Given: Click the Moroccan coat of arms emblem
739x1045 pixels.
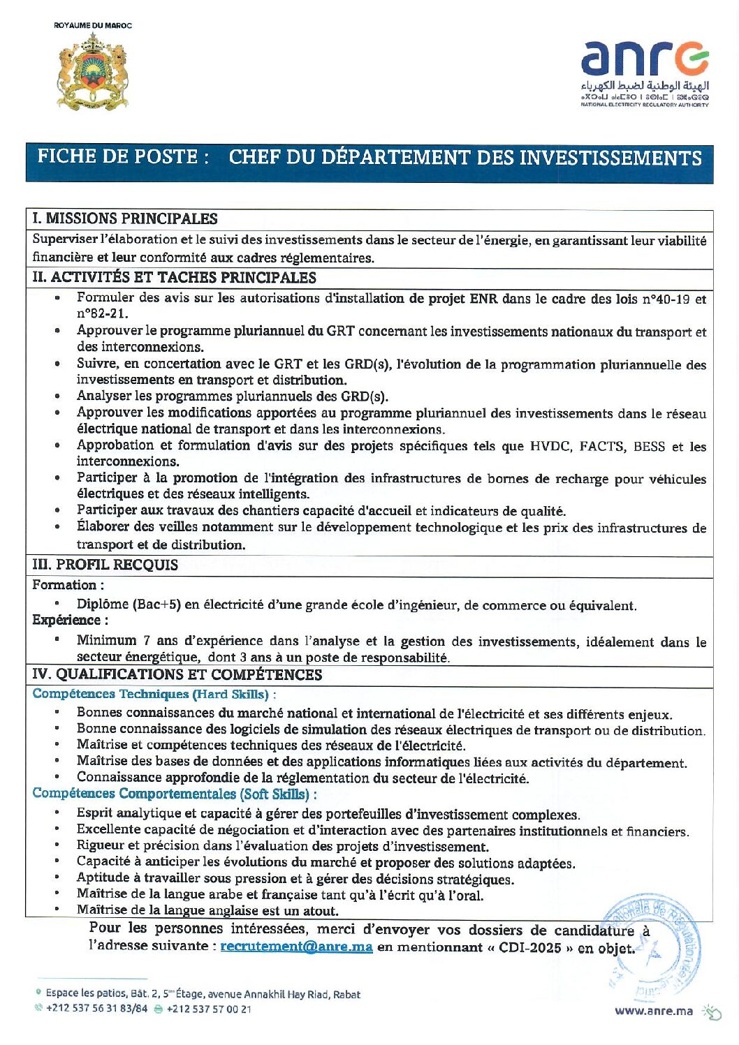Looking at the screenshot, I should [92, 72].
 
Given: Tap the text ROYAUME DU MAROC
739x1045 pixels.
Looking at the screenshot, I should [93, 25].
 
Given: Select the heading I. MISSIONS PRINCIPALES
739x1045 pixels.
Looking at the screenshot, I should [125, 219].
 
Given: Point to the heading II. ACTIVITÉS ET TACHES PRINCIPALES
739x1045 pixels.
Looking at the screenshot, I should [174, 278].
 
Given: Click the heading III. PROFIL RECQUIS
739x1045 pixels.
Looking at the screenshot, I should [105, 565].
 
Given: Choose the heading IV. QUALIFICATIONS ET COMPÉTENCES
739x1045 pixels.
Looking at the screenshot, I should [177, 675].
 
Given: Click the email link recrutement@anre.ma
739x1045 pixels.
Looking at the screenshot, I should [296, 947].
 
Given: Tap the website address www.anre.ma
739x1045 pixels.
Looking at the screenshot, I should [654, 1010].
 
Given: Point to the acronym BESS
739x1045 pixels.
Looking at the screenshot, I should [649, 447].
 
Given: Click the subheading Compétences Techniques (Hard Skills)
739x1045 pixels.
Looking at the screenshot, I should [151, 695].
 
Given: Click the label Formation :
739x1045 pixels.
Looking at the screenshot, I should [68, 586].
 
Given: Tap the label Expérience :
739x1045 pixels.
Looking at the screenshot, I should [70, 621].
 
